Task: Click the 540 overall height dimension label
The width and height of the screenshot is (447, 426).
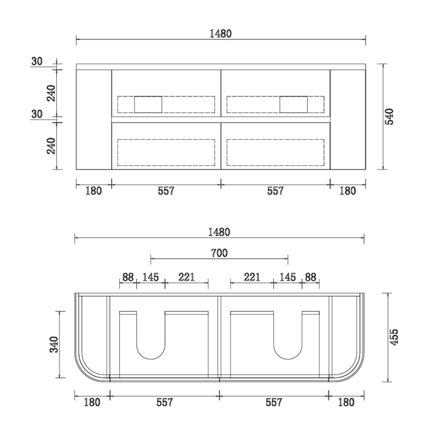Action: coord(389,116)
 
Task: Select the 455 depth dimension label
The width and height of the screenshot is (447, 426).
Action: coord(394,337)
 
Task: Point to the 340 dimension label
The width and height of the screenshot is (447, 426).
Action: coord(54,344)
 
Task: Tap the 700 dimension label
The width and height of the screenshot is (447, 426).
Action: coord(219,253)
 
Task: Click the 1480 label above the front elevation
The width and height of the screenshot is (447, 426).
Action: coord(221,34)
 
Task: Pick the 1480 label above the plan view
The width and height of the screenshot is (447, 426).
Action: coord(219,232)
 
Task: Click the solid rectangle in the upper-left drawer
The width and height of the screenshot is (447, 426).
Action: coord(148,105)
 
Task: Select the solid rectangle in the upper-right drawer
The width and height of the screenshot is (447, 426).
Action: coord(293,105)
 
